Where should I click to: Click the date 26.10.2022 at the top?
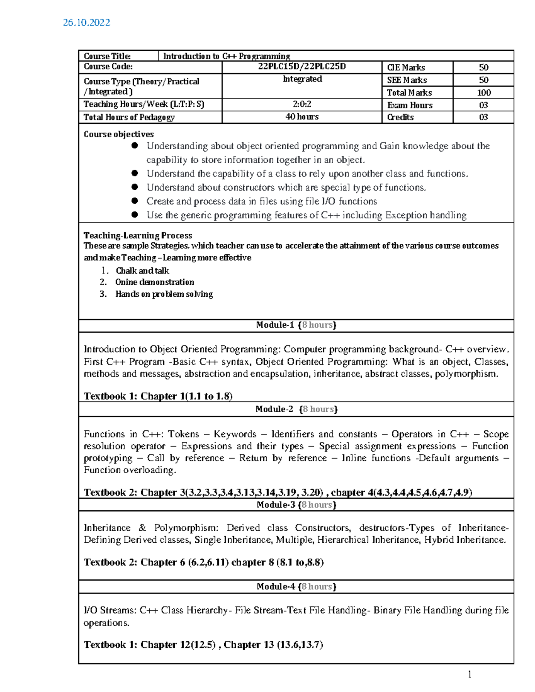[86, 23]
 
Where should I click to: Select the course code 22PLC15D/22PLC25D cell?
[302, 67]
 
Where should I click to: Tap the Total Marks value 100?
[483, 93]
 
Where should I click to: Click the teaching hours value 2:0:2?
[302, 104]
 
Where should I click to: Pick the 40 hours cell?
[302, 117]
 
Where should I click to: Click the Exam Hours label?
[410, 105]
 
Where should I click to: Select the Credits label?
[400, 117]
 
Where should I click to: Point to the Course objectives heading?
[119, 134]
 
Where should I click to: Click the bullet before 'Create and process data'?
[135, 201]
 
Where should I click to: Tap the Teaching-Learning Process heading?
[138, 235]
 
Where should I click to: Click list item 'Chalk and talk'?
[142, 270]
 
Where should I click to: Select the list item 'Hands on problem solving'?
[164, 294]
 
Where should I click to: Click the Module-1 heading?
[296, 325]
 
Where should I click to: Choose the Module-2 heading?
[296, 409]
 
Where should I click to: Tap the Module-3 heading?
[296, 504]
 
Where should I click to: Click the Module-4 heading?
[296, 586]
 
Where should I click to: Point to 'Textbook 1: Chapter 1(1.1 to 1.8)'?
[158, 396]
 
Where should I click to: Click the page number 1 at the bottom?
[469, 674]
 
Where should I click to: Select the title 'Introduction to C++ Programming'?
[226, 56]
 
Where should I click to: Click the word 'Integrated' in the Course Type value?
[302, 79]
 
